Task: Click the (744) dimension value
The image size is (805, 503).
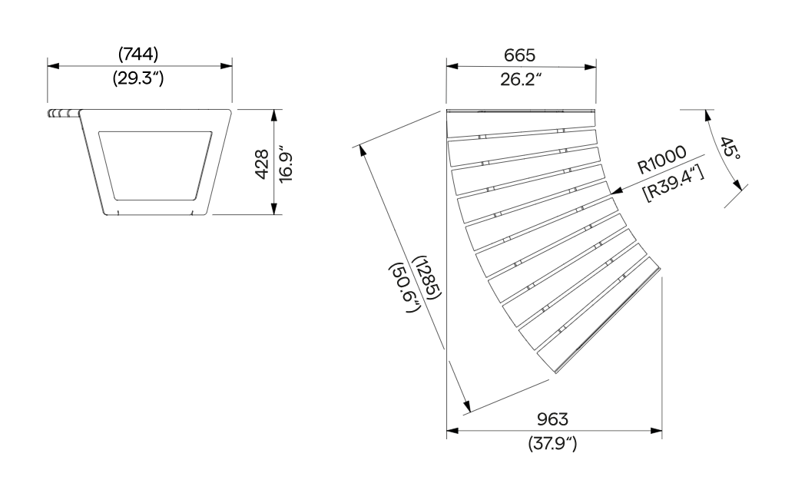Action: (x=138, y=54)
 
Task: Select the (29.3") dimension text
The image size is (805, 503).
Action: (x=138, y=78)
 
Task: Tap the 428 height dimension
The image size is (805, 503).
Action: (x=262, y=164)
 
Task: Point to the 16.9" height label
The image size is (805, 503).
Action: (x=285, y=167)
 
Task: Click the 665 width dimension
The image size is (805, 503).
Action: (x=519, y=55)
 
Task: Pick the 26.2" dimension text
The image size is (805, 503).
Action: (x=521, y=79)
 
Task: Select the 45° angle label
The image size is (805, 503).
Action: (x=730, y=148)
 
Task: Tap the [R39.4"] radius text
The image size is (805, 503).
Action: (x=674, y=183)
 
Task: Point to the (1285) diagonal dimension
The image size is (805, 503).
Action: (x=428, y=278)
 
